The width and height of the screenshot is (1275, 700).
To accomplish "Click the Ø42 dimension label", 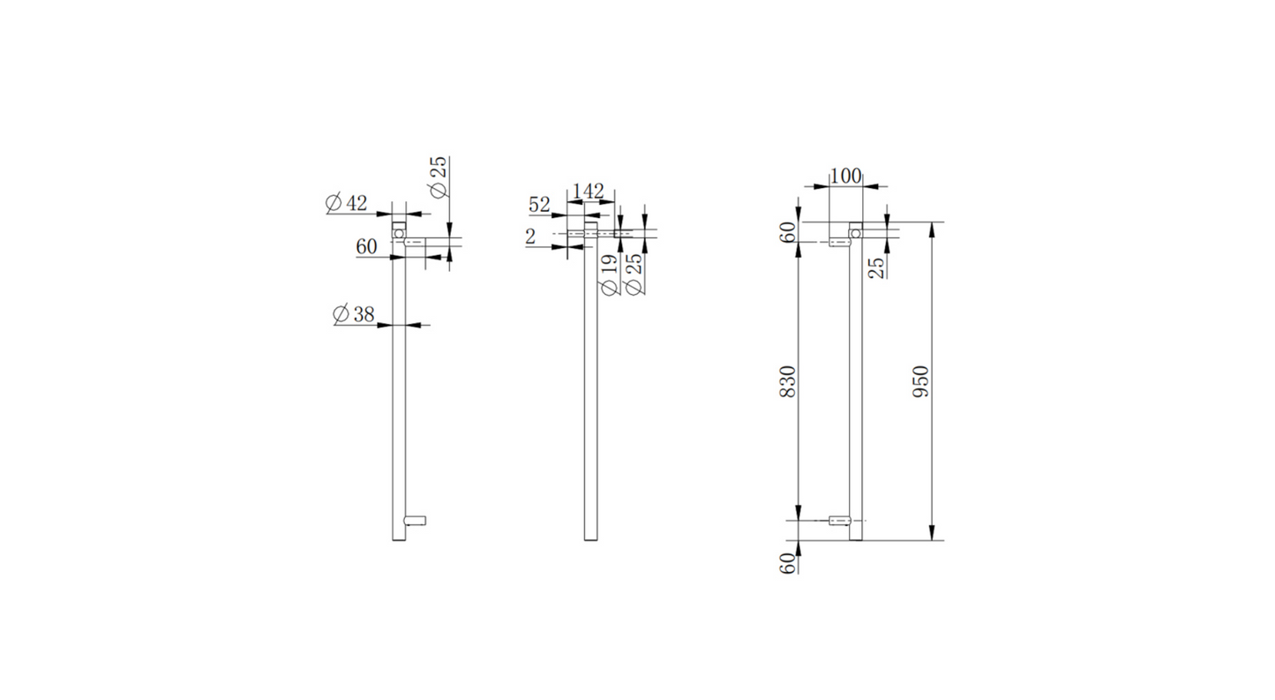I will tap(346, 203).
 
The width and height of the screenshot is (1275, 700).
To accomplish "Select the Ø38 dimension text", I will tap(353, 314).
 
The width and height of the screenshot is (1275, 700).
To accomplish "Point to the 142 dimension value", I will tap(589, 191).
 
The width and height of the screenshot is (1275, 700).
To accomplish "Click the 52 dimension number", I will tap(539, 205).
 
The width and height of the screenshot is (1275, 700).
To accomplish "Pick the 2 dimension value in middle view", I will tap(530, 236).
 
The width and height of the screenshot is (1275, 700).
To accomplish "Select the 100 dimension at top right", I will tap(845, 176).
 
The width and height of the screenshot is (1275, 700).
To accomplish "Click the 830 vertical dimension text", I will tap(789, 380).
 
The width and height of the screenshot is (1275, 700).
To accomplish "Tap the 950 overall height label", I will tap(920, 380).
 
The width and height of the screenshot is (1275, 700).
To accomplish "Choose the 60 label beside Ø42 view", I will tap(367, 247).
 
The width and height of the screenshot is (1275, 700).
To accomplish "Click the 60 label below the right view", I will tap(789, 561).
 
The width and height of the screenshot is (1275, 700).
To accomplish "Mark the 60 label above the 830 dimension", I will tap(789, 231).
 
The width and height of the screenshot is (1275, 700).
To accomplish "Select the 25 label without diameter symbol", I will tap(878, 267).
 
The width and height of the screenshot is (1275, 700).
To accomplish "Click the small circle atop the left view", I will tap(399, 233).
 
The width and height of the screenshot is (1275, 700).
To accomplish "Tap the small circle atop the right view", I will tap(854, 232).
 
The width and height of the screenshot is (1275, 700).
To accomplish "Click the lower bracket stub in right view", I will tap(840, 521).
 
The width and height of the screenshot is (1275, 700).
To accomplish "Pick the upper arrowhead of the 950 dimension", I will tap(932, 228).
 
